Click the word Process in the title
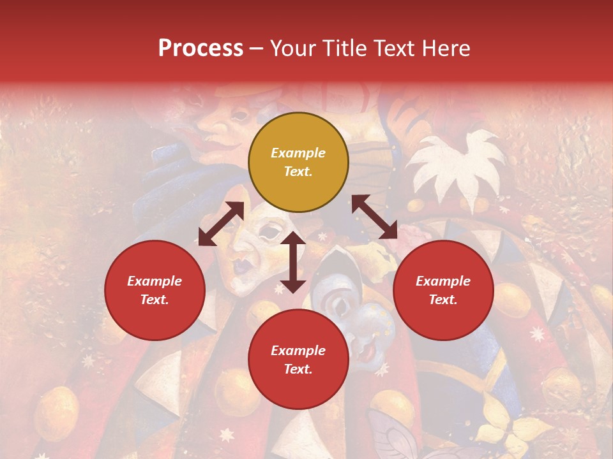(x=201, y=48)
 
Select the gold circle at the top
(x=298, y=163)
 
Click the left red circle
(x=155, y=291)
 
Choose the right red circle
(x=443, y=291)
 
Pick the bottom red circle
(x=298, y=360)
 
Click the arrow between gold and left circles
(x=221, y=224)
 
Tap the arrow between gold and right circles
(x=374, y=217)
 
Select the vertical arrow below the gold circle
(x=293, y=262)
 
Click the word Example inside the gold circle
(x=298, y=153)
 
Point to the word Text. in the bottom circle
(x=298, y=369)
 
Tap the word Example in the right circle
(x=443, y=281)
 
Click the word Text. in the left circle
(x=155, y=300)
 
